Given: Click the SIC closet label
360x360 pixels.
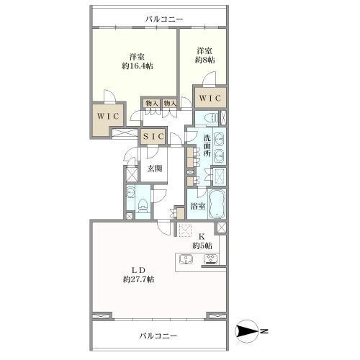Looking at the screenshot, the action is point(153,137).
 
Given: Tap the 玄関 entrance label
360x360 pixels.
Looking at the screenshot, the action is point(154,168).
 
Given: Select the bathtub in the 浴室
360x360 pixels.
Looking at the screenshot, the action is point(217,204).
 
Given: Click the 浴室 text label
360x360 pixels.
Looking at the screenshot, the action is point(198,206).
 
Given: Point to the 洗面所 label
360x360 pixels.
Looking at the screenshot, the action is point(207,145).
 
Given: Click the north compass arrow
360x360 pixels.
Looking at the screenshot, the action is point(246,332).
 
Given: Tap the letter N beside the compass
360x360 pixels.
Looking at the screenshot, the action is point(264,332).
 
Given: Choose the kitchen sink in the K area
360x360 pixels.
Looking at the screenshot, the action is point(186,259).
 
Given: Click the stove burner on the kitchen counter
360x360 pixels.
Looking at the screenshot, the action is point(211,259).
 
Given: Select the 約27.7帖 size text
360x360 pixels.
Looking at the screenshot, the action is point(139,279).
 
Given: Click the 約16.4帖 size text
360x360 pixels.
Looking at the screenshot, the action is point(138,66).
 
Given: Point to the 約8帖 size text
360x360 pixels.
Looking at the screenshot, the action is point(204,60).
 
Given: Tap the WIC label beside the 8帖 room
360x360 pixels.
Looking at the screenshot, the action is point(210,98).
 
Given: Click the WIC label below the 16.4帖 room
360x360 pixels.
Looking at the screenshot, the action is point(109,116).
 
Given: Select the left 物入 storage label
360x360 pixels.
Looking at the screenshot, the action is point(152,104).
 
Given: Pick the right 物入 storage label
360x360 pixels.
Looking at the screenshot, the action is point(170,104).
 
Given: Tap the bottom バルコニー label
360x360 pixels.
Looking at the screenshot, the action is point(158,336).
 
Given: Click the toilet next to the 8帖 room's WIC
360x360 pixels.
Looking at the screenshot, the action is point(212,118).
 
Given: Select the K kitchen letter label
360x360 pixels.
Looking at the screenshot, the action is point(202,236).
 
